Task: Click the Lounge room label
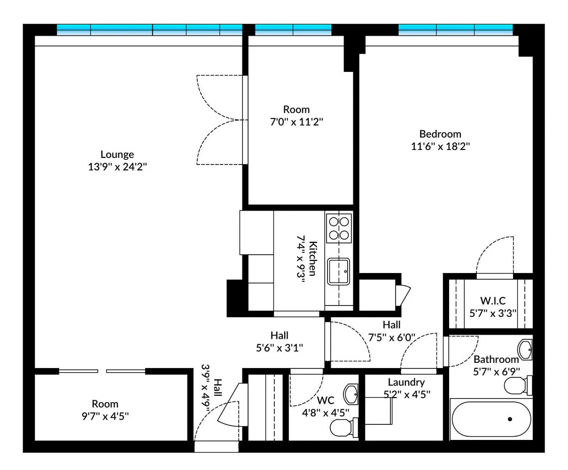117,155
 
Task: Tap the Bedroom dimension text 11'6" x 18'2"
440,146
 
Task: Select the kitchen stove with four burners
339,228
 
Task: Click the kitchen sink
338,271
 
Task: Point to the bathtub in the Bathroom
490,419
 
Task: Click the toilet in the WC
342,428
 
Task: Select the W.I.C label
493,301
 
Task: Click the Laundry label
406,382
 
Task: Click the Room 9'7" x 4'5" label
105,404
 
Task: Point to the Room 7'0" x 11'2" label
296,110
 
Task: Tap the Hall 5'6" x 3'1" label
279,336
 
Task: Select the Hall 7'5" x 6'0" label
391,325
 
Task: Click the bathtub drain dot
510,419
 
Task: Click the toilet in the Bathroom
517,386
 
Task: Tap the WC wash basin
350,394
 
